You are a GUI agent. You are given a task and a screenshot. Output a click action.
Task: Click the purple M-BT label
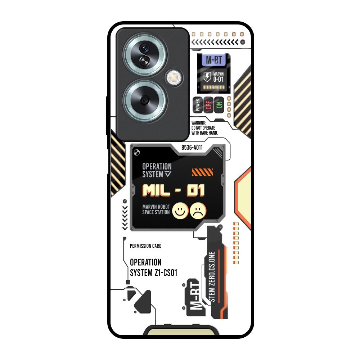tap(214, 60)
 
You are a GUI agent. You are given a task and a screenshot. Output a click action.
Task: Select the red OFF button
tap(208, 105)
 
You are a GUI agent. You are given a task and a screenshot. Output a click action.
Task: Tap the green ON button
tap(219, 105)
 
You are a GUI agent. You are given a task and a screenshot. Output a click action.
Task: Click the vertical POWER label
tap(197, 105)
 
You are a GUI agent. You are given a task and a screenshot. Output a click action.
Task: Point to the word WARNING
tap(199, 123)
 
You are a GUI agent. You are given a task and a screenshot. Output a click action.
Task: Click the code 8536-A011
tap(192, 148)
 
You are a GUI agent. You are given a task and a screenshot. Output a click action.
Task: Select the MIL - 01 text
tap(174, 190)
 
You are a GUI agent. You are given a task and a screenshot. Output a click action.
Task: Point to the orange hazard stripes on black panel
tap(202, 172)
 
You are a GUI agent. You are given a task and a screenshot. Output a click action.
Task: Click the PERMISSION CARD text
tap(145, 246)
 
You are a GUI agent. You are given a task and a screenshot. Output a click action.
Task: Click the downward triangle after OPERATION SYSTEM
tap(168, 174)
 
